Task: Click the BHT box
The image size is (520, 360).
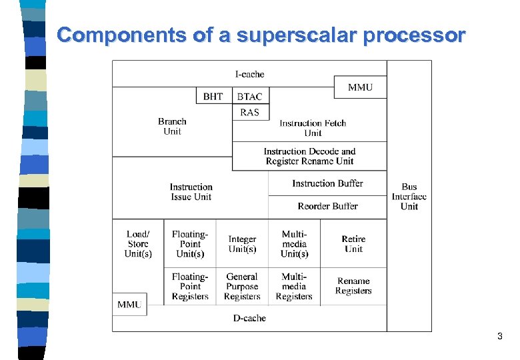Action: click(x=213, y=96)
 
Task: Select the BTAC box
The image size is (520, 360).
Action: click(x=250, y=96)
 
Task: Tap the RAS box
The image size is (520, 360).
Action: click(x=250, y=112)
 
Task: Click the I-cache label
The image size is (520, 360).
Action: click(x=249, y=74)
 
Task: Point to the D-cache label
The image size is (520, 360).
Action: click(x=249, y=318)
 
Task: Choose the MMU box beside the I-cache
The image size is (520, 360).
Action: click(x=360, y=87)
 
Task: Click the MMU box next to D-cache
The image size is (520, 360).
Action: click(x=129, y=304)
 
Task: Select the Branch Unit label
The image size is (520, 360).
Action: click(x=172, y=126)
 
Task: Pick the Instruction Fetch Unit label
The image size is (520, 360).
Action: click(x=313, y=127)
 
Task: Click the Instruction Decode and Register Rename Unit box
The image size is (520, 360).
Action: click(x=309, y=156)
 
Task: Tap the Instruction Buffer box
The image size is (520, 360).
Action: click(x=327, y=183)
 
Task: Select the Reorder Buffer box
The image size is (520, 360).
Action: click(x=327, y=207)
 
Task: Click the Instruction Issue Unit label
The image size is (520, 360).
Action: click(x=191, y=192)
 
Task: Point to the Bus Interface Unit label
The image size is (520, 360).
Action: click(x=409, y=197)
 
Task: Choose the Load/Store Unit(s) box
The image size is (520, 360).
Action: click(x=138, y=244)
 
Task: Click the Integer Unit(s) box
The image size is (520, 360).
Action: click(x=242, y=244)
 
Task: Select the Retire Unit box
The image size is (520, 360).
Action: click(x=353, y=244)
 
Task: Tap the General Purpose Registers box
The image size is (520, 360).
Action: click(x=242, y=287)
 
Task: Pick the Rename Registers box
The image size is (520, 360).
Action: click(x=353, y=287)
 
